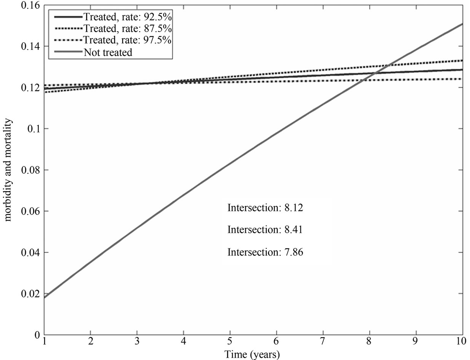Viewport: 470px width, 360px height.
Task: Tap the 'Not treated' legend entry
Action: (x=108, y=52)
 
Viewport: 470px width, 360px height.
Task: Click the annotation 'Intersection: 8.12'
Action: (x=265, y=208)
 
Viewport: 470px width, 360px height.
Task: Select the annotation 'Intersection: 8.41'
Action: (x=265, y=230)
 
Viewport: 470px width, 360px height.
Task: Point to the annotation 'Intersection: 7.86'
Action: (x=265, y=252)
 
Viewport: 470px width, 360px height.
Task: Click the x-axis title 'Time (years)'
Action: (x=252, y=354)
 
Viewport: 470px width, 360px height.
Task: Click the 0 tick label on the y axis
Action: (x=38, y=335)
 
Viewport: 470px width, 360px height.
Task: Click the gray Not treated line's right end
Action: (x=462, y=24)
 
